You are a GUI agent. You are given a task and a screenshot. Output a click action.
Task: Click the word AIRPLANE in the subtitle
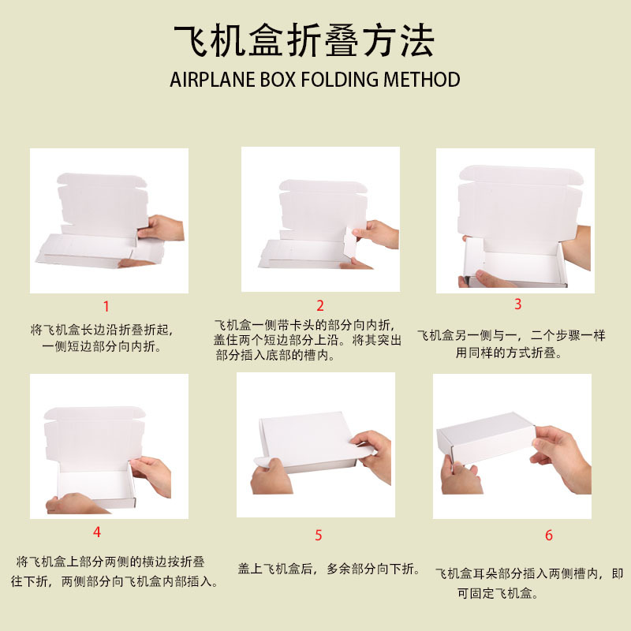coord(212,80)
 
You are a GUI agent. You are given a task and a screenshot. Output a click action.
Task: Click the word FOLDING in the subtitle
coord(340,80)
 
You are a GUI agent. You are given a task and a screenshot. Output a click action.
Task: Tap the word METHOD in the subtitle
coord(422,80)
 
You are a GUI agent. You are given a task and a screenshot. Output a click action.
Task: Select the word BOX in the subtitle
coord(278,80)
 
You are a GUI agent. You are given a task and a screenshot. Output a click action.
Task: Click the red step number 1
coord(106,307)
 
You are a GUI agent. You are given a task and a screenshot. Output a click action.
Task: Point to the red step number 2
coord(320,306)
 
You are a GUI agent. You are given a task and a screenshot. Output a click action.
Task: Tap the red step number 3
coord(518,304)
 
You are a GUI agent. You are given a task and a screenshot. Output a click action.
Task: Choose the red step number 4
coord(96,532)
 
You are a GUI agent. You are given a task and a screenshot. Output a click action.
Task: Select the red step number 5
coord(319,536)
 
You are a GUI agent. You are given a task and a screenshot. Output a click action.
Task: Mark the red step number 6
coord(549,536)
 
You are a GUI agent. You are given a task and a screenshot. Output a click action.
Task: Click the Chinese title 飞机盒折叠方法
coord(304,41)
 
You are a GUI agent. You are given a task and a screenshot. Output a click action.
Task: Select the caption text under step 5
coord(329,569)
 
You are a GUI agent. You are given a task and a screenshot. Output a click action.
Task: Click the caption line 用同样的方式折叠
coord(509,353)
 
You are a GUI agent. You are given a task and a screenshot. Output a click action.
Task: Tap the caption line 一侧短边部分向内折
coord(102,346)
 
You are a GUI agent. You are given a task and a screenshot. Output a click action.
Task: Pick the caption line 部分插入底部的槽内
coord(275,356)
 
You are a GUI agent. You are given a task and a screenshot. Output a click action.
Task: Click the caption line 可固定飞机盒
coord(498,593)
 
